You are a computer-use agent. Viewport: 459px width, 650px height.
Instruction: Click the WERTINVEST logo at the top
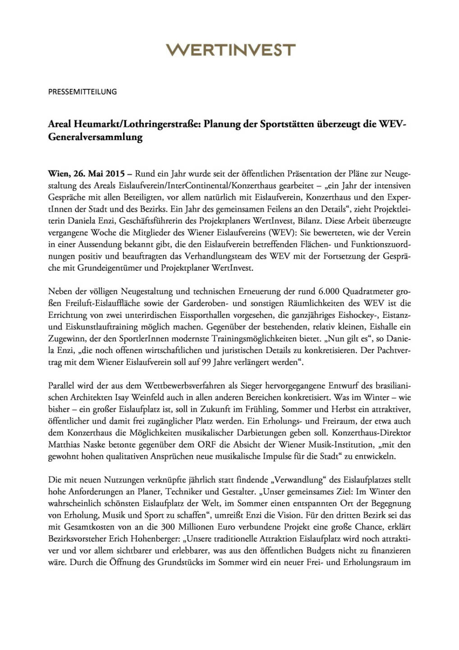[230, 50]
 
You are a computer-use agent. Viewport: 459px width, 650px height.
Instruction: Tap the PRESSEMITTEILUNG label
[83, 92]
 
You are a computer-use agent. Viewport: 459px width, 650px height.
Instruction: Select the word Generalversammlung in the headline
[95, 137]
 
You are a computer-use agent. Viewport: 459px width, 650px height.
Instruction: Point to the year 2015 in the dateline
[115, 174]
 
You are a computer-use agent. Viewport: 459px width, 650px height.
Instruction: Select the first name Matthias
[64, 444]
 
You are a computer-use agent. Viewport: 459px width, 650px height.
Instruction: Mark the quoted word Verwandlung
[298, 479]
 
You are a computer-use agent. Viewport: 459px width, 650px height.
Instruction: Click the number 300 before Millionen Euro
[145, 527]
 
